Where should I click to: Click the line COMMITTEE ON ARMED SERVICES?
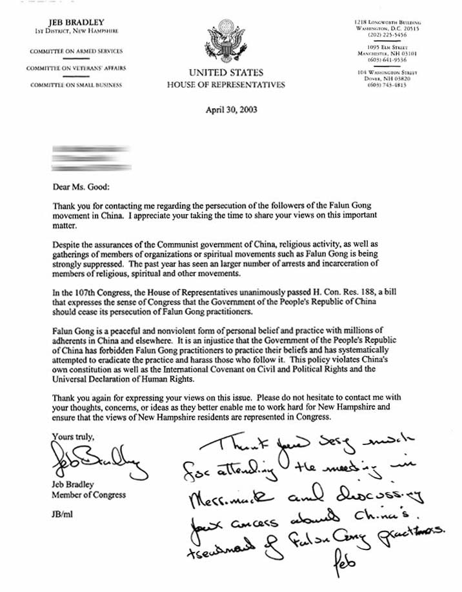click(72, 51)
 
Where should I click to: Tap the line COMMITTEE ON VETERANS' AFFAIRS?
click(72, 68)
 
